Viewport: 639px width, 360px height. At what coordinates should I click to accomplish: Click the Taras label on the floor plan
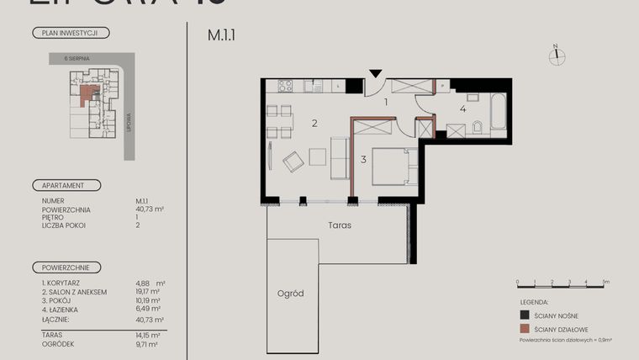[340, 225]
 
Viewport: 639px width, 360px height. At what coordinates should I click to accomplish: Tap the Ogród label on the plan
[290, 294]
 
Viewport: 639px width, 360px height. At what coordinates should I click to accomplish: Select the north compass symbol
[556, 56]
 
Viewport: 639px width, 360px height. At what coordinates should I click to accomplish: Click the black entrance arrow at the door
[376, 74]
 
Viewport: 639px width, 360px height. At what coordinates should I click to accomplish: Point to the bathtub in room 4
[495, 109]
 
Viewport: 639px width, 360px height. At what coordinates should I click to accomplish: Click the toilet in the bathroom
[477, 128]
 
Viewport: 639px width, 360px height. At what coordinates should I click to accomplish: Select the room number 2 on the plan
[314, 124]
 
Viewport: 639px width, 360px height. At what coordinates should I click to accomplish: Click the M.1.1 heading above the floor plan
[221, 35]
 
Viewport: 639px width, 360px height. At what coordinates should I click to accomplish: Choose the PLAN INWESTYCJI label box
[71, 34]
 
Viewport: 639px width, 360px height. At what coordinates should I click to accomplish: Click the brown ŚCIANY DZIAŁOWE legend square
[525, 329]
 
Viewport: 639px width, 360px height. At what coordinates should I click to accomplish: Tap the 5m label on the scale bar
[605, 282]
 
